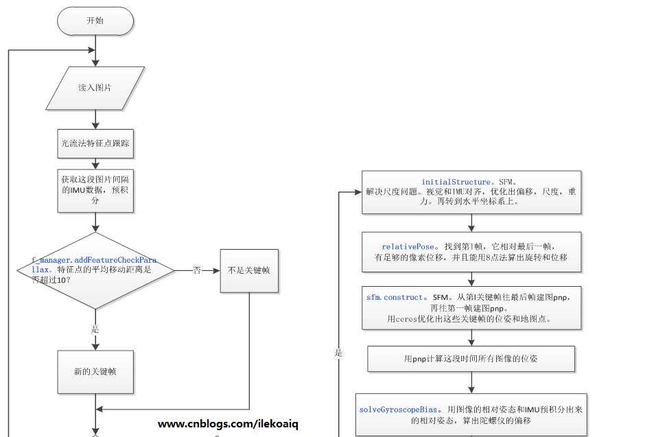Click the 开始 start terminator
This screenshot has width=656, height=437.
95,21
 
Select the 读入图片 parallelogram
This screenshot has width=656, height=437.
95,88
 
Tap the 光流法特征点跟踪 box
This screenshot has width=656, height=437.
95,144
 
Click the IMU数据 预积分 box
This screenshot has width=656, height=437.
95,190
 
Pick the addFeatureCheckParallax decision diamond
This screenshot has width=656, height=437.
95,270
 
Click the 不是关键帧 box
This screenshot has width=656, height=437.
248,270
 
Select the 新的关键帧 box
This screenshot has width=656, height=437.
95,371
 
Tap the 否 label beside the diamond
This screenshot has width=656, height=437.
197,270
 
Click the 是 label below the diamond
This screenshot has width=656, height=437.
95,329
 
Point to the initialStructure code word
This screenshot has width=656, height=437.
455,182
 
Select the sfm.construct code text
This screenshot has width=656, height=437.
394,298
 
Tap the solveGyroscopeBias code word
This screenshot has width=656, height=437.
399,410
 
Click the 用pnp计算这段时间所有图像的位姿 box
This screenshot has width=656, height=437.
471,358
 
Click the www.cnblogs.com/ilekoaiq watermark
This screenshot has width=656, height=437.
229,424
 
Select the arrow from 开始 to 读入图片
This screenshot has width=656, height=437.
95,51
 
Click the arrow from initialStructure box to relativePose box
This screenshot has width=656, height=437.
471,223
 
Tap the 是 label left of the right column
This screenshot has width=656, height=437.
338,353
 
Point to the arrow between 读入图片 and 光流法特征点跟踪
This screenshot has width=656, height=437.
95,119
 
